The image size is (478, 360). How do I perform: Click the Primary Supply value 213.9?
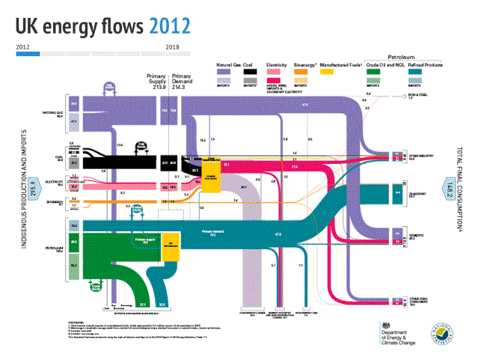(157, 87)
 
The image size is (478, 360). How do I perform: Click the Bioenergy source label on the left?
(56, 200)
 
